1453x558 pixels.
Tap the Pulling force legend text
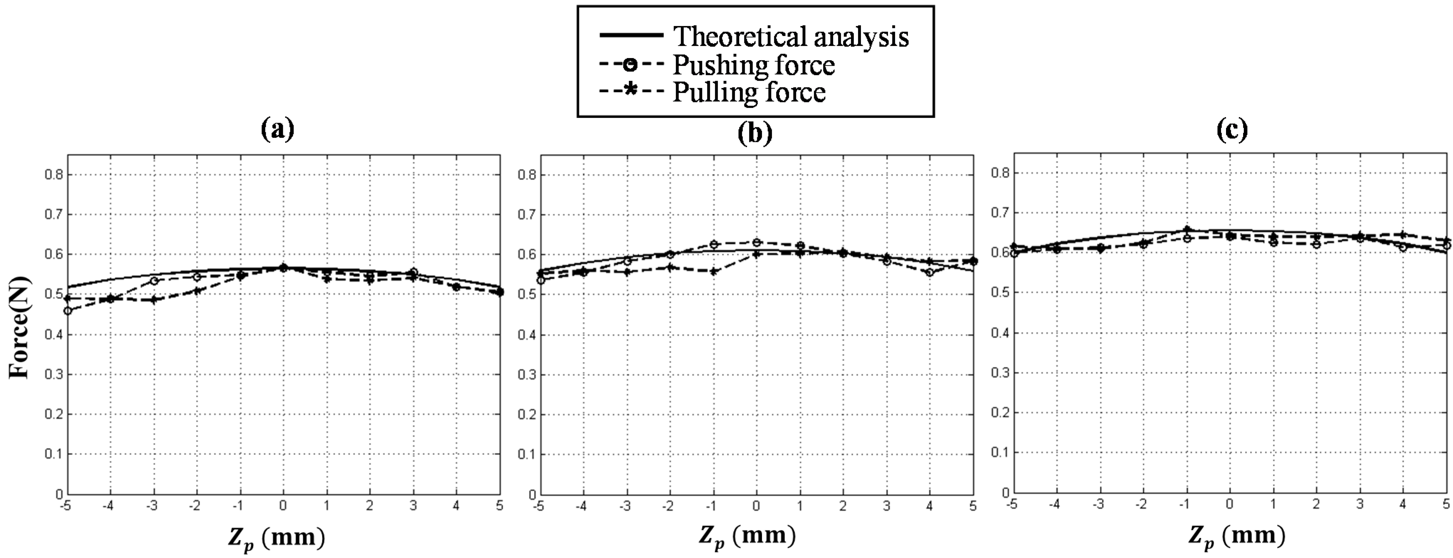click(x=749, y=92)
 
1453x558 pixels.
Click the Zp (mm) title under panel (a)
click(x=276, y=537)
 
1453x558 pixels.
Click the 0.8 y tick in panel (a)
click(x=54, y=174)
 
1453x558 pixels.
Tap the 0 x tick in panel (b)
click(x=756, y=506)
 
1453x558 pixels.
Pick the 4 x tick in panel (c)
click(x=1403, y=504)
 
